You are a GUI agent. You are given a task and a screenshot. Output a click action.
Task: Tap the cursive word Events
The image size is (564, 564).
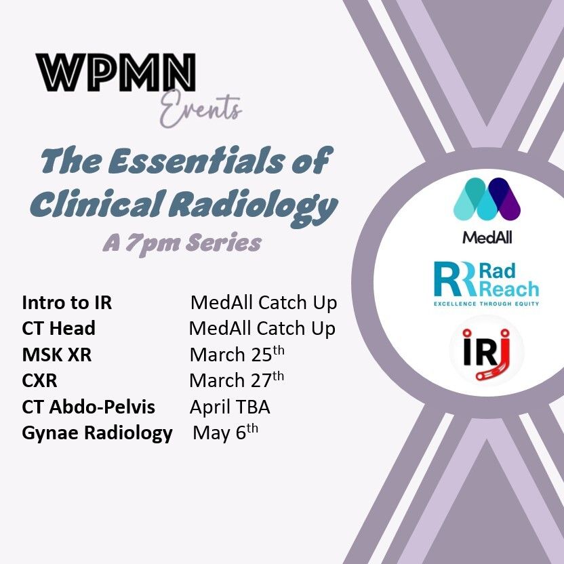[201, 110]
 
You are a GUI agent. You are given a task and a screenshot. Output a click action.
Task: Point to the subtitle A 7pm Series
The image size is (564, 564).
[182, 244]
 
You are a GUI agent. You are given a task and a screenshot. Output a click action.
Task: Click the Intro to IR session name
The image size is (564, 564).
[67, 302]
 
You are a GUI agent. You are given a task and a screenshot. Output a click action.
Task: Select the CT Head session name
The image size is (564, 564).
[58, 328]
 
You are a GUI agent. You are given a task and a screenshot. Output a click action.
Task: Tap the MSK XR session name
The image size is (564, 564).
[57, 355]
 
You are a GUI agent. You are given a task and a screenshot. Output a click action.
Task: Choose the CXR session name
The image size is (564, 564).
[39, 380]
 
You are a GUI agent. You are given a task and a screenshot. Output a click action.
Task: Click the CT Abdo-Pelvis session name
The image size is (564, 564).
[89, 407]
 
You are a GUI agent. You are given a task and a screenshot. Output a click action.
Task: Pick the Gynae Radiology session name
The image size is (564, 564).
[97, 433]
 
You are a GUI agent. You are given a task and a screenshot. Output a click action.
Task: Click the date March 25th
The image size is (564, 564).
[237, 355]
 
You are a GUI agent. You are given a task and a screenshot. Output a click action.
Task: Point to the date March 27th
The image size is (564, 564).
[237, 380]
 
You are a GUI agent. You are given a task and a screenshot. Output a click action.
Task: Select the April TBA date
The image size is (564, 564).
[230, 407]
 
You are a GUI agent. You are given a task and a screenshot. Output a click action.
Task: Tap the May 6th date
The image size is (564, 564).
[226, 432]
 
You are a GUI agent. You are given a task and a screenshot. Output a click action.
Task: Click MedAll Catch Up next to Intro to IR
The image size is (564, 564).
[264, 302]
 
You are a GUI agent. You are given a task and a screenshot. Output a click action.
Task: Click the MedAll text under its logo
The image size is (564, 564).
[487, 237]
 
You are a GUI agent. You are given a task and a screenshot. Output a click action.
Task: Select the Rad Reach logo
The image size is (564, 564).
[486, 284]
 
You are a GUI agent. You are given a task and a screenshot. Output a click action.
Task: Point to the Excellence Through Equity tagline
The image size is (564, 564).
[486, 304]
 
